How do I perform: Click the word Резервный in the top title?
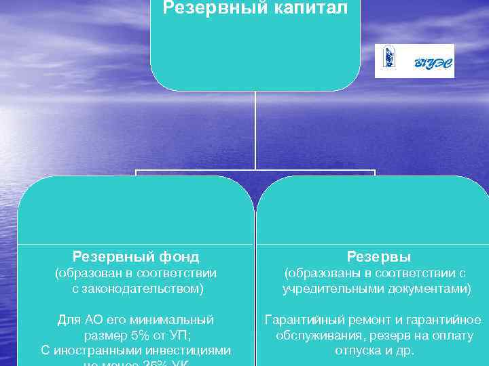[210, 9]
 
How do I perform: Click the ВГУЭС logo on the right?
[414, 61]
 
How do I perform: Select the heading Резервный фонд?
[136, 257]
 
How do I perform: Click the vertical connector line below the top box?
[255, 129]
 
